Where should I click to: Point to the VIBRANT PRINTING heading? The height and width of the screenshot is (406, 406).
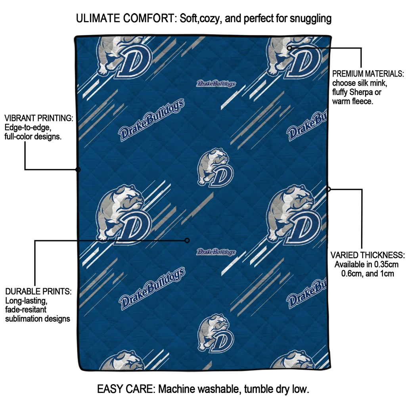point(38,119)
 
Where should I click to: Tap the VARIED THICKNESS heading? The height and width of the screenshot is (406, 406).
point(368,255)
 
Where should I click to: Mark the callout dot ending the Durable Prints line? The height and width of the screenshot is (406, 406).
point(188,240)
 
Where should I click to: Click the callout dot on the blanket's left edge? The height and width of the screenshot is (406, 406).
point(78,170)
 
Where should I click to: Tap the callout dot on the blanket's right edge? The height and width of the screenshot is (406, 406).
point(328,189)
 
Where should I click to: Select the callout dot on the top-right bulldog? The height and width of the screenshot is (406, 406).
point(289,48)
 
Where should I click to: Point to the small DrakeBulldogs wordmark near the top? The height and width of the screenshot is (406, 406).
point(216,84)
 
